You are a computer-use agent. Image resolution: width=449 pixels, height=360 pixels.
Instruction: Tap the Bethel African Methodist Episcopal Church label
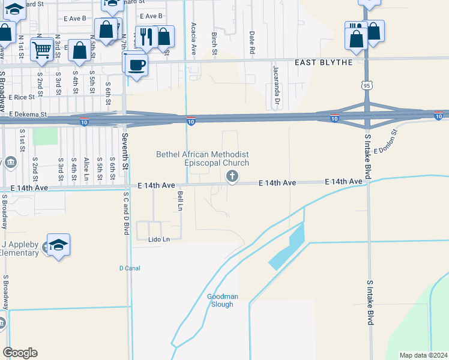click(x=202, y=158)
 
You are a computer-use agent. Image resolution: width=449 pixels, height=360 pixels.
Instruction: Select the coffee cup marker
click(x=137, y=65)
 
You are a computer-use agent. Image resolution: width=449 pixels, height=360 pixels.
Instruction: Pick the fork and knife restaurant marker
click(x=146, y=37)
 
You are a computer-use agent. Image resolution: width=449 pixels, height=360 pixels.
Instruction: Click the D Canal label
click(x=129, y=268)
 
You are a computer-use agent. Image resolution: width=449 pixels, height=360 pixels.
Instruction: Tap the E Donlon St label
click(x=385, y=142)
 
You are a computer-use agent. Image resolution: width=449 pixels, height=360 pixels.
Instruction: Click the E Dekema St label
click(x=28, y=113)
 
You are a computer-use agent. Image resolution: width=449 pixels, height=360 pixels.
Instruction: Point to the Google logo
click(x=20, y=353)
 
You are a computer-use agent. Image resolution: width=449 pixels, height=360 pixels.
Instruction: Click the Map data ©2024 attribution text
click(x=424, y=355)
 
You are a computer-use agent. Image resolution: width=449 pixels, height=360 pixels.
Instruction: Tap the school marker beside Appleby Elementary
click(x=58, y=245)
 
